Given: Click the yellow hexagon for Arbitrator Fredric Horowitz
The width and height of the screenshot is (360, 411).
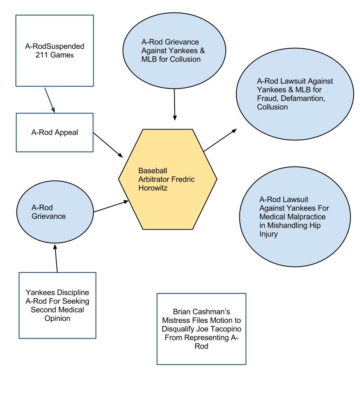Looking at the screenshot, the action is tap(168, 179).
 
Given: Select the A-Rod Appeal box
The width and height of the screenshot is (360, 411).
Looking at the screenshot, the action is tap(55, 132).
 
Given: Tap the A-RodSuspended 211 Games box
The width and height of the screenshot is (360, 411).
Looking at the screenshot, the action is tap(55, 51).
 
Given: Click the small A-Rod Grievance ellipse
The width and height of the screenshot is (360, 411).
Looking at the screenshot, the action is tap(55, 212).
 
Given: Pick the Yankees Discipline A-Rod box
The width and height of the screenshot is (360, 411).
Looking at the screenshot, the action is tap(58, 305).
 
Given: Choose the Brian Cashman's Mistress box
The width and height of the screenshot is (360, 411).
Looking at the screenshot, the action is tap(202, 329).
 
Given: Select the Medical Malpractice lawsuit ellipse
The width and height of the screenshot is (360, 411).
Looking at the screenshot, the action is tap(295, 217).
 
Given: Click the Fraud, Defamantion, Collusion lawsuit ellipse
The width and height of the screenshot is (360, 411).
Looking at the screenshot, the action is tap(295, 94).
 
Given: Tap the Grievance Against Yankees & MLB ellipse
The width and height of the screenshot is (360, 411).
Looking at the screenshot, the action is tap(174, 50).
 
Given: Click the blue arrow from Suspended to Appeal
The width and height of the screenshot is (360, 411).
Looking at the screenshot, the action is tap(50, 101).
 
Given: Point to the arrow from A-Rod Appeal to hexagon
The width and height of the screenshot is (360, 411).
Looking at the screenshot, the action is tap(108, 145).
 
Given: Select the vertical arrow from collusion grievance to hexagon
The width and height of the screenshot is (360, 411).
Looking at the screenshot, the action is tap(175, 105).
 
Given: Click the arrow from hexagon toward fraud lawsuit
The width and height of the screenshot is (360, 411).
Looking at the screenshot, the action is tap(220, 140).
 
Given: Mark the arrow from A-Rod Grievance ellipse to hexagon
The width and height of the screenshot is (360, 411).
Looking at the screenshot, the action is tap(111, 206).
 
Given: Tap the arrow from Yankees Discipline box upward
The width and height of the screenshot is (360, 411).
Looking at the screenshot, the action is tap(56, 258).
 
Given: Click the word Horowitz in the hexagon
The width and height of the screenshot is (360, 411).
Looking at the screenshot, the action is tap(153, 188).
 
